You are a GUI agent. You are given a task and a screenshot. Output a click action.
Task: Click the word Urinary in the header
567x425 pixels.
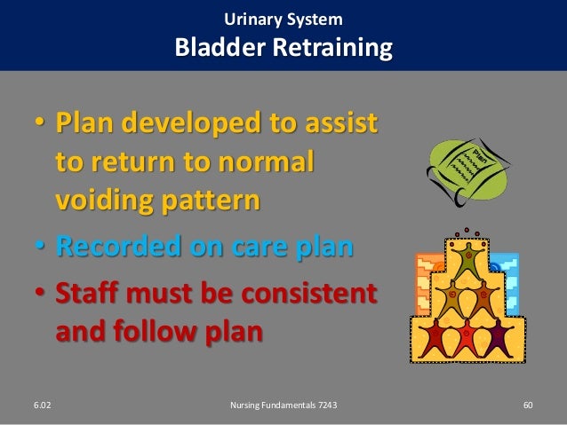tap(252, 20)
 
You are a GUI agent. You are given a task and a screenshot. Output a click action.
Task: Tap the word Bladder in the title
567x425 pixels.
tap(220, 47)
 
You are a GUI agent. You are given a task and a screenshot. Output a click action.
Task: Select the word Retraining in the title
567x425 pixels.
tap(332, 49)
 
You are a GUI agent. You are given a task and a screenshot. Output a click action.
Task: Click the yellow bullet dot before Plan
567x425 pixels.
tap(40, 121)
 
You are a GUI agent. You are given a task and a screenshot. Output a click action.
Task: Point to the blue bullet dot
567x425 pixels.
tap(40, 246)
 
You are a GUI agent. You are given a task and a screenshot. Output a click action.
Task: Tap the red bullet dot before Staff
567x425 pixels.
tap(40, 291)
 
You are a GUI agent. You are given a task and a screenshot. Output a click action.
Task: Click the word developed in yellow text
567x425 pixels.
tap(191, 123)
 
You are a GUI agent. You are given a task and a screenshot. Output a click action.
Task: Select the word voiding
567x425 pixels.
tap(105, 201)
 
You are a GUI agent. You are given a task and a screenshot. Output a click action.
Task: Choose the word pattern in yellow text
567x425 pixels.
tap(211, 201)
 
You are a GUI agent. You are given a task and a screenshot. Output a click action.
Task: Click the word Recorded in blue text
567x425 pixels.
tap(118, 247)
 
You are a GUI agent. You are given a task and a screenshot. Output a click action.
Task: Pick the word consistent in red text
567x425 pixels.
tap(309, 293)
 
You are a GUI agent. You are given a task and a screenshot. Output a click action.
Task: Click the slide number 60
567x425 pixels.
tap(528, 405)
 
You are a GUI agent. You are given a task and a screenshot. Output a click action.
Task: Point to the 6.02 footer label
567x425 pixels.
tap(43, 405)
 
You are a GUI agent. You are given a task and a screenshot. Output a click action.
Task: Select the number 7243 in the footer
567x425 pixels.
tap(328, 405)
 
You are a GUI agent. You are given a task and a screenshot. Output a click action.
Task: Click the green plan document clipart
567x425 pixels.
tap(468, 171)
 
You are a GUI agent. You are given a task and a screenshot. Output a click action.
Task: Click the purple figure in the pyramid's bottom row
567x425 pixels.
tap(498, 338)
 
